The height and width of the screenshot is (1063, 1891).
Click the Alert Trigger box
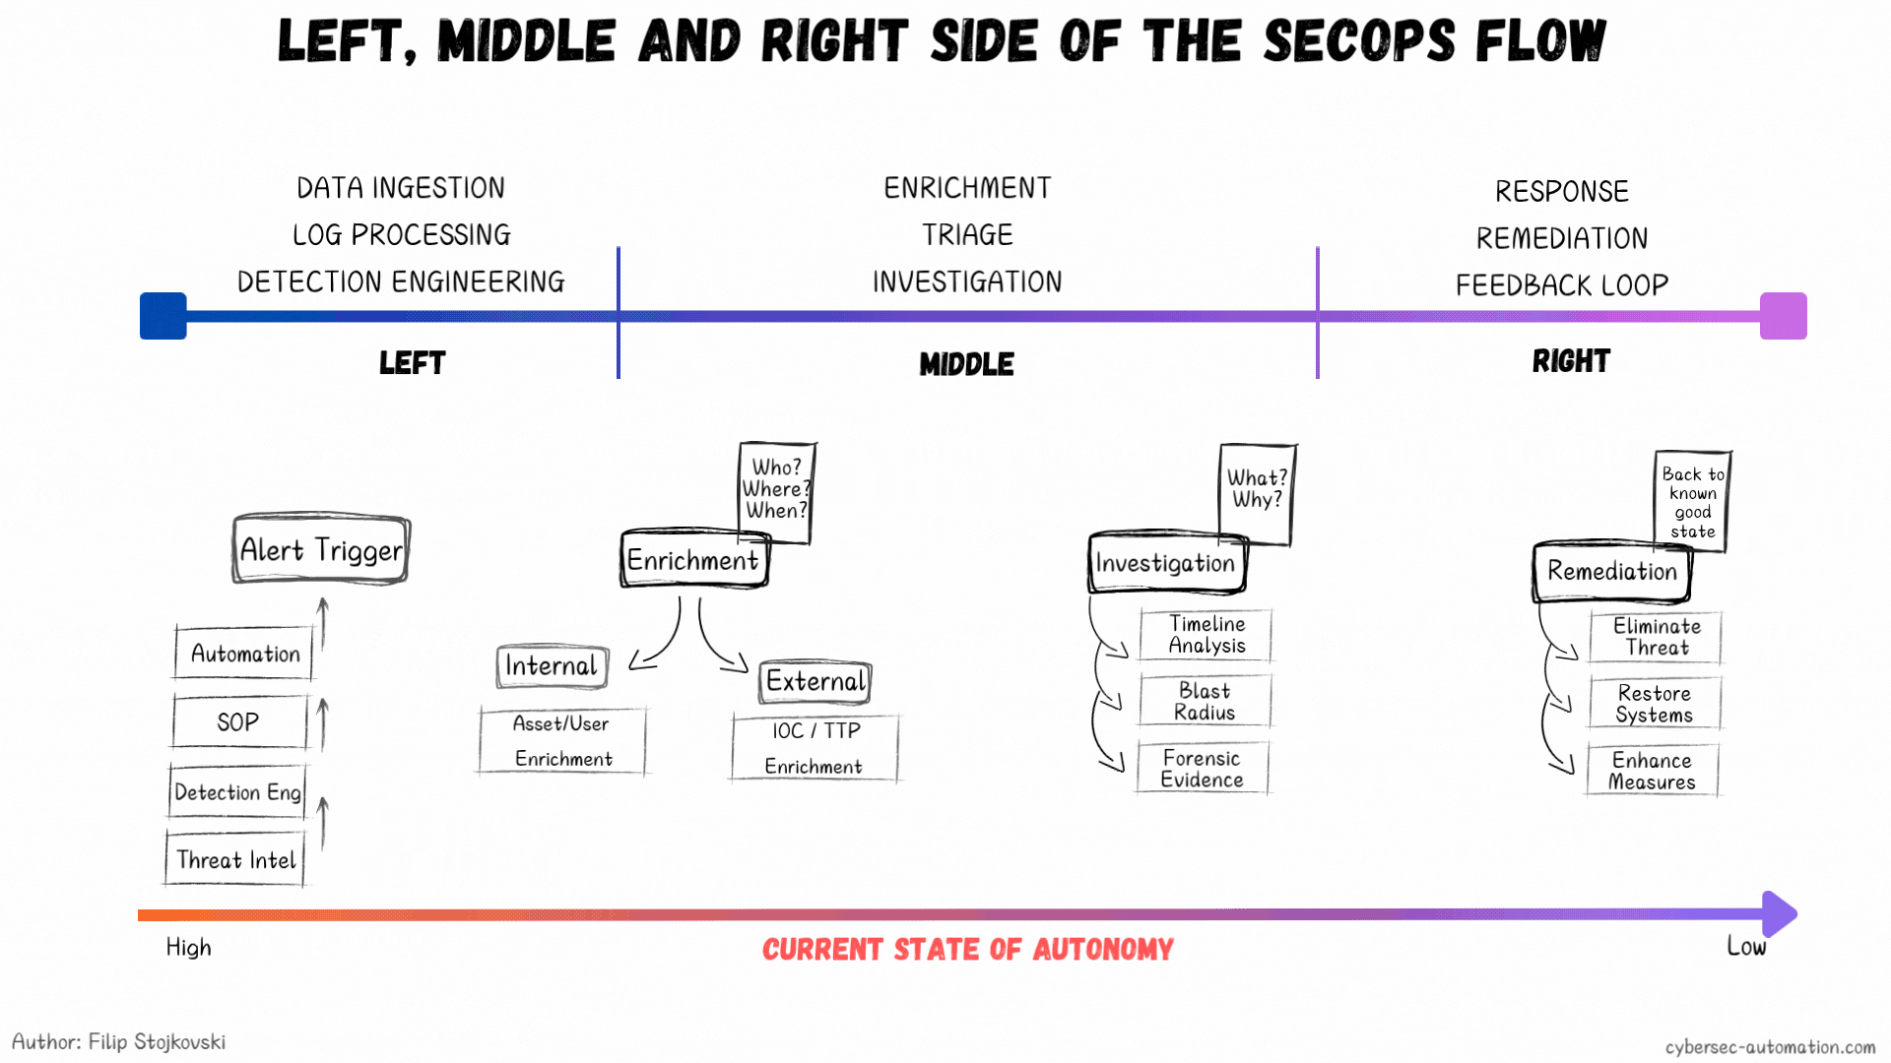click(321, 549)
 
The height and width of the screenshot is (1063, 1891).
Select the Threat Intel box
click(235, 859)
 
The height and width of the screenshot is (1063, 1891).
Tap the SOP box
click(239, 721)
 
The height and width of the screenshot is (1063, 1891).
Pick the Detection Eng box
click(237, 791)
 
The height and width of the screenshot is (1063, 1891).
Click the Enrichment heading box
click(694, 559)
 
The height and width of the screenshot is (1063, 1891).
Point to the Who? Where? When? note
click(777, 491)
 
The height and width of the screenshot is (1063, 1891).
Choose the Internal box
click(552, 666)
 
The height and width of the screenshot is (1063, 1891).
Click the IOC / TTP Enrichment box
click(815, 748)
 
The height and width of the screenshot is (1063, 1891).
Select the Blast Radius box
click(1205, 701)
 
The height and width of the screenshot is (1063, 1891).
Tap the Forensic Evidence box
click(1203, 769)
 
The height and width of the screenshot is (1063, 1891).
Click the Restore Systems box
click(1655, 704)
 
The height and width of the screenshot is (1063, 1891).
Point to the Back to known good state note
click(1692, 502)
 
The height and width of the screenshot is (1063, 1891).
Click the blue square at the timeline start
click(163, 316)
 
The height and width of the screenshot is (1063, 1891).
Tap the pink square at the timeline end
click(1784, 316)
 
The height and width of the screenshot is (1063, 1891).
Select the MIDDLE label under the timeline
click(966, 364)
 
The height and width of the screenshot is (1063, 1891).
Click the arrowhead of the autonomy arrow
click(1780, 914)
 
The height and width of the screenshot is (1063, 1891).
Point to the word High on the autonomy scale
click(188, 948)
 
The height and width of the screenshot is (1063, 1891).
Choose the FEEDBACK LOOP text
click(1562, 285)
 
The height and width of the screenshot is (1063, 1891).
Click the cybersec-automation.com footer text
click(1770, 1047)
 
